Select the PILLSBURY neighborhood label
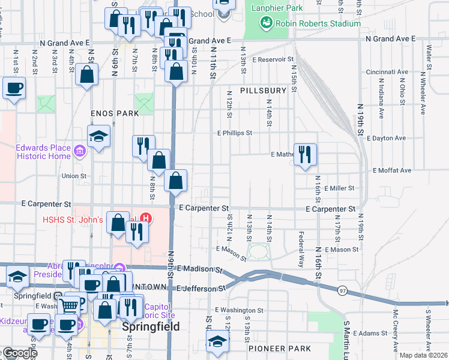(x=264, y=91)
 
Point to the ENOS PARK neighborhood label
(x=115, y=113)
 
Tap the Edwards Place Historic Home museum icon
(x=79, y=149)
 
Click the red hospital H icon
(x=144, y=217)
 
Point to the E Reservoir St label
(x=273, y=60)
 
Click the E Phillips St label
(x=234, y=133)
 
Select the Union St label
(x=74, y=176)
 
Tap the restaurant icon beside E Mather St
(x=305, y=155)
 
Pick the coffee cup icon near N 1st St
(x=14, y=88)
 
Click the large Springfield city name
(x=147, y=328)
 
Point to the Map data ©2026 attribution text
(x=423, y=355)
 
